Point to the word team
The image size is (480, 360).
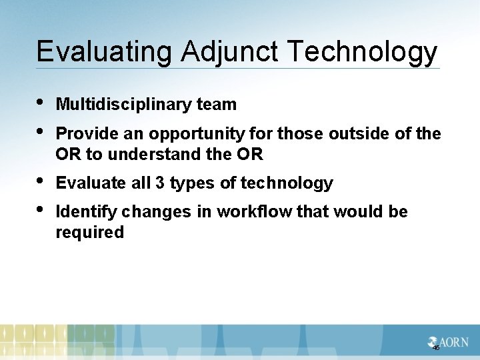pos(217,105)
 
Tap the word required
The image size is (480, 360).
pos(90,233)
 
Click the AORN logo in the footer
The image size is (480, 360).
pos(448,342)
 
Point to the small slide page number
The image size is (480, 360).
pos(436,348)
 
